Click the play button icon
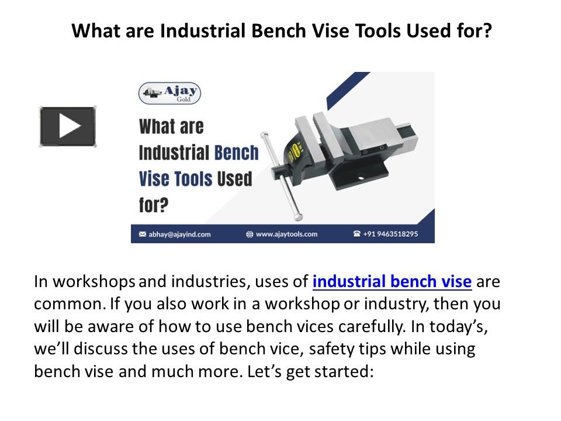point(68,126)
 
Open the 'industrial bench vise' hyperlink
point(392,282)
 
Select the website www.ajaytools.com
point(286,234)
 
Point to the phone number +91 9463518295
point(390,234)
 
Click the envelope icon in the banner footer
point(142,234)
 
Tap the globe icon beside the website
point(250,234)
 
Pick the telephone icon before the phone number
point(356,234)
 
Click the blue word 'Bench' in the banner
point(236,153)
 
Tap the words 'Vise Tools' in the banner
point(175,178)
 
